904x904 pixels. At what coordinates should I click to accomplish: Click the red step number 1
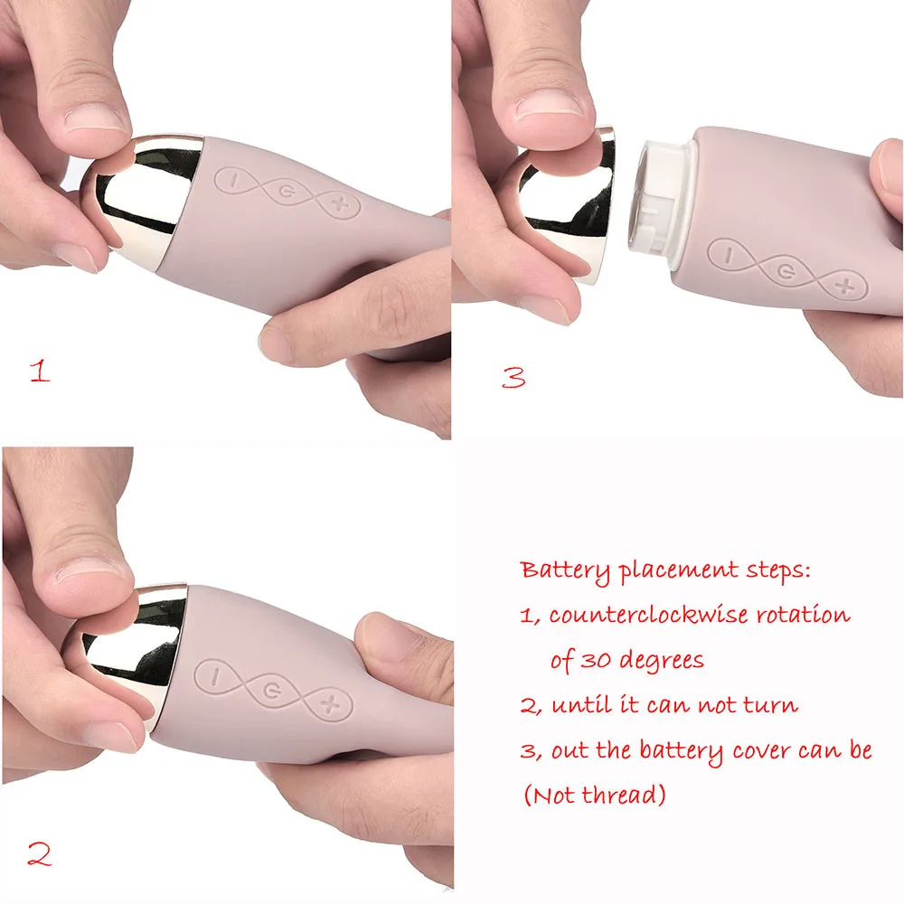click(x=40, y=370)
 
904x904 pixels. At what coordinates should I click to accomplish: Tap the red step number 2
click(x=39, y=854)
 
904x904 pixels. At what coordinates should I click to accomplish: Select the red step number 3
click(x=513, y=377)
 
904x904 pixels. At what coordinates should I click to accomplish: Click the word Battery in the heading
click(x=565, y=570)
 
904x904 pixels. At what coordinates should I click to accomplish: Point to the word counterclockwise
click(x=648, y=615)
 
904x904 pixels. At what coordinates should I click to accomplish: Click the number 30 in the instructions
click(x=596, y=660)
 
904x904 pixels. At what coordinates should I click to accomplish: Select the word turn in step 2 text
click(x=770, y=705)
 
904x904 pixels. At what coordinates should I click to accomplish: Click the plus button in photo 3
click(x=846, y=286)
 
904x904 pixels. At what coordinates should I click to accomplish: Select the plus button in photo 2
click(x=331, y=704)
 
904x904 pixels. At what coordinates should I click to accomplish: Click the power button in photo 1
click(x=287, y=191)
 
